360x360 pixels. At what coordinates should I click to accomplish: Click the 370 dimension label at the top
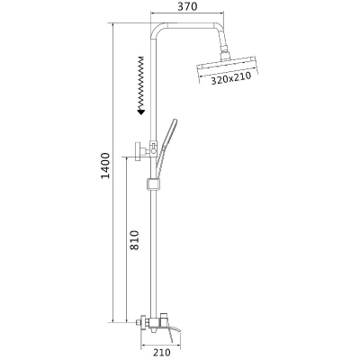[188, 6]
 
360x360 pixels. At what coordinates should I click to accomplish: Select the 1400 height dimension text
[105, 166]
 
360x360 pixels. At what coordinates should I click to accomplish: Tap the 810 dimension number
[135, 240]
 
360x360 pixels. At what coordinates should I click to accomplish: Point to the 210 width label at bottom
[161, 353]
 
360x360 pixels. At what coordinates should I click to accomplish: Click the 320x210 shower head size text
[230, 79]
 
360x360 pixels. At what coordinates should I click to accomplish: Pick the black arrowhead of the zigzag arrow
[140, 112]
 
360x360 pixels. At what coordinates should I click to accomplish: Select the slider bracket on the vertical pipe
[153, 184]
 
